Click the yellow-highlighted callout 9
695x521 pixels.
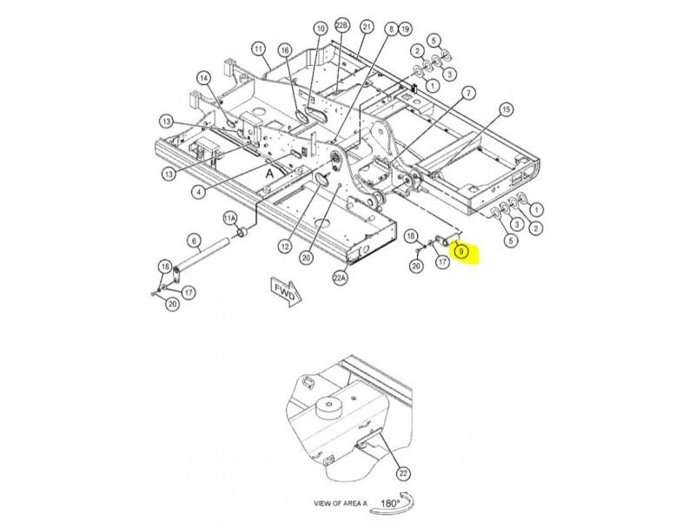click(461, 252)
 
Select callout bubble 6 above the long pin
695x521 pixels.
click(194, 241)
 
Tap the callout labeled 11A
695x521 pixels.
click(229, 219)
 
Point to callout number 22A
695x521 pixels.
click(340, 278)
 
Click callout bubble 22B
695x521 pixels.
click(341, 25)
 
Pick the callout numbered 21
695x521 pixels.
click(367, 27)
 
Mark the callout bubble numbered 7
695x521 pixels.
click(468, 93)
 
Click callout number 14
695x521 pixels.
click(203, 79)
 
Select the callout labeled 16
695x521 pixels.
click(285, 50)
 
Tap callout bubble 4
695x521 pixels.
click(199, 192)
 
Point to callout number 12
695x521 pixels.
click(285, 246)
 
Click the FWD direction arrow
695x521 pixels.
click(287, 291)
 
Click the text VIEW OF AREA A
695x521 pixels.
click(341, 504)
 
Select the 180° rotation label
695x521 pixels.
click(390, 504)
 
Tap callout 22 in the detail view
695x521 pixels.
click(403, 473)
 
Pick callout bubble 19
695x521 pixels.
click(405, 30)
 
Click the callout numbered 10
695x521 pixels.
click(321, 29)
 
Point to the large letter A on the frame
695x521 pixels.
click(269, 174)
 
